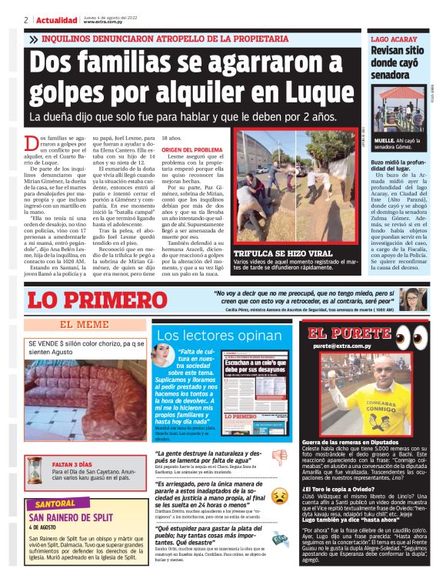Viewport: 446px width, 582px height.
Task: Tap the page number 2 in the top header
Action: [26, 20]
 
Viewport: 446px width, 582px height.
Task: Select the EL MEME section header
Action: [85, 325]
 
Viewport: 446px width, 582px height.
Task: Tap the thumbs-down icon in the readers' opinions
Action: [279, 456]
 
